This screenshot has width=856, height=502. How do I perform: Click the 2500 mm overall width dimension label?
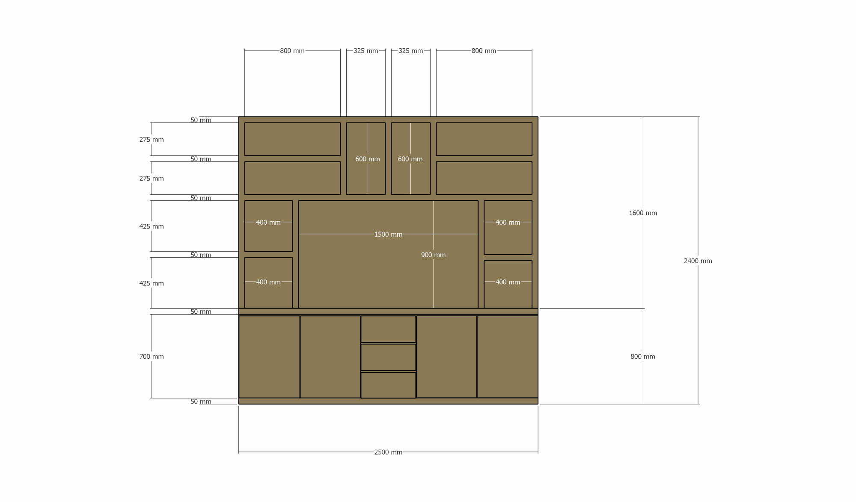point(388,452)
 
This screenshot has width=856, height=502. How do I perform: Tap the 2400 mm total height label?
point(698,261)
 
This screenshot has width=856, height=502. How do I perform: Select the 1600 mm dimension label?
point(643,213)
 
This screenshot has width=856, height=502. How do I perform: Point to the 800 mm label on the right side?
point(643,356)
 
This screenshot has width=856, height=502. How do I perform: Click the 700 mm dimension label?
point(152,356)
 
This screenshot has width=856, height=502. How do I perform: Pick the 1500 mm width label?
point(388,235)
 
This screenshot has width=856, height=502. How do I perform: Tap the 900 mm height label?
point(433,255)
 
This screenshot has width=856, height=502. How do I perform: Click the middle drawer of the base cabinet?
point(388,357)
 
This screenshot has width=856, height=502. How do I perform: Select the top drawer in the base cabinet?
point(388,329)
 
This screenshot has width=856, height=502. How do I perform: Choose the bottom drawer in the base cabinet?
point(388,385)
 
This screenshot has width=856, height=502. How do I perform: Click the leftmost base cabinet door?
point(269,357)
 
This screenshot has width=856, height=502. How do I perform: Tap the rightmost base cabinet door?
point(508,357)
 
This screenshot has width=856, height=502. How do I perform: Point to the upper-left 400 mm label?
point(268,223)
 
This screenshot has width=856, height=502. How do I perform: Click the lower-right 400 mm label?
point(508,282)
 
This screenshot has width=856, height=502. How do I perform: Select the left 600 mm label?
point(368,159)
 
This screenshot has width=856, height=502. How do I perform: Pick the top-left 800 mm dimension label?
point(292,51)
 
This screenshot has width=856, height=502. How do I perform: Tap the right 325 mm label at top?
point(411,51)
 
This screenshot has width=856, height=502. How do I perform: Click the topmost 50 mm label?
point(201,120)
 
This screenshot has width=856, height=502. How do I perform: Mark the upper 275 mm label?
point(152,140)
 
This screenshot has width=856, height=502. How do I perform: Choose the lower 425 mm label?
point(152,283)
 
